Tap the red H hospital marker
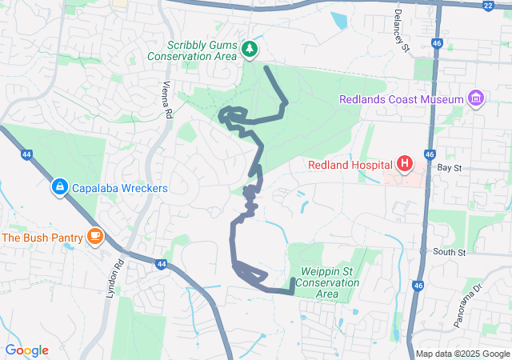405,166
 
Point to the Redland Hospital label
351,166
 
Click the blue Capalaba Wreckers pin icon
59,187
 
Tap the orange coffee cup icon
95,236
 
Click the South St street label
450,252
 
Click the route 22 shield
488,5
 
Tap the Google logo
27,350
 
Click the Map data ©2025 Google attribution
462,354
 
